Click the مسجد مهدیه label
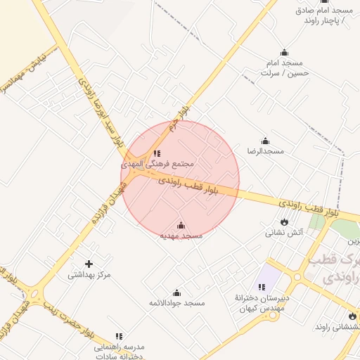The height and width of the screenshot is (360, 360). point(181,236)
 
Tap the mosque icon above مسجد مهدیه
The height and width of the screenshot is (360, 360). point(181,226)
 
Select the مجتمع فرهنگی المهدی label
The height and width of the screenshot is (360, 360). point(157,163)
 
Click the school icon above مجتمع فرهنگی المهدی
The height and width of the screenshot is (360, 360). point(157,153)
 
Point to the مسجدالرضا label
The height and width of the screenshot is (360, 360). point(265,151)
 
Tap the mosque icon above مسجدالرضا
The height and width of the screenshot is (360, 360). point(265,141)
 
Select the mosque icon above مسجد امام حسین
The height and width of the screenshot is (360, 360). point(284,52)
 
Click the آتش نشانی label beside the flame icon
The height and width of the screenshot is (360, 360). point(284,232)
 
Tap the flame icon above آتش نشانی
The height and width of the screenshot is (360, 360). point(284,221)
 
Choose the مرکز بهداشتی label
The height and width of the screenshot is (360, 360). point(89,275)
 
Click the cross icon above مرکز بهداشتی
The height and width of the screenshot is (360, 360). point(89,264)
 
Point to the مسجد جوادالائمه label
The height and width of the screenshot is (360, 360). point(176,303)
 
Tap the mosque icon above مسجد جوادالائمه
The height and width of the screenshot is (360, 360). point(176,292)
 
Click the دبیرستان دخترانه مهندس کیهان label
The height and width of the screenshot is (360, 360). point(262,303)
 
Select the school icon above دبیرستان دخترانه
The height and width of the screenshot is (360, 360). point(262,287)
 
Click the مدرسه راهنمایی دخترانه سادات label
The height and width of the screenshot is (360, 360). point(119,352)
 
